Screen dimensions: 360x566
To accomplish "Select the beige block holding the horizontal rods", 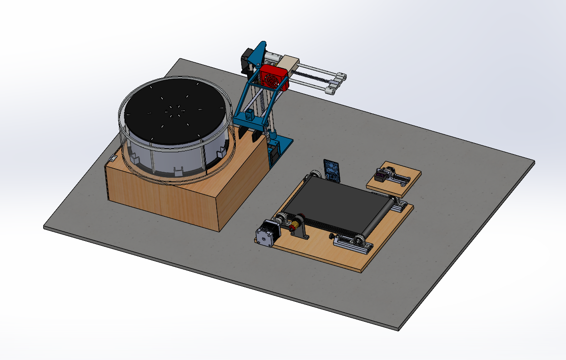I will [x=289, y=64].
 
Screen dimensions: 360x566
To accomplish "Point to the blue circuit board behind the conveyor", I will [x=332, y=170].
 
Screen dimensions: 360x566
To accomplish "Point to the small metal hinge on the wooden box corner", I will [x=112, y=159].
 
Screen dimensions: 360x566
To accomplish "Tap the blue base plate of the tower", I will [x=281, y=145].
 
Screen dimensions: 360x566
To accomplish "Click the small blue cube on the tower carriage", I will [x=249, y=115].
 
